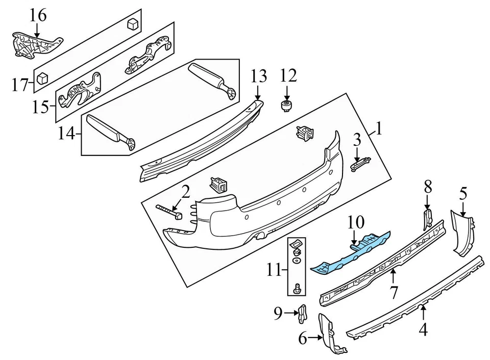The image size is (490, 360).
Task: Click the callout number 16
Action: click(38, 16)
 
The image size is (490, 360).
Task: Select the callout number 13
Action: click(258, 76)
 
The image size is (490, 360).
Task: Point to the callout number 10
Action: click(357, 222)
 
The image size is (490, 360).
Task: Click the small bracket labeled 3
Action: click(361, 164)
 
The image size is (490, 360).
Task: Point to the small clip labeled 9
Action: click(302, 313)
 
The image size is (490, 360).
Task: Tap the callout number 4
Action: click(423, 330)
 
